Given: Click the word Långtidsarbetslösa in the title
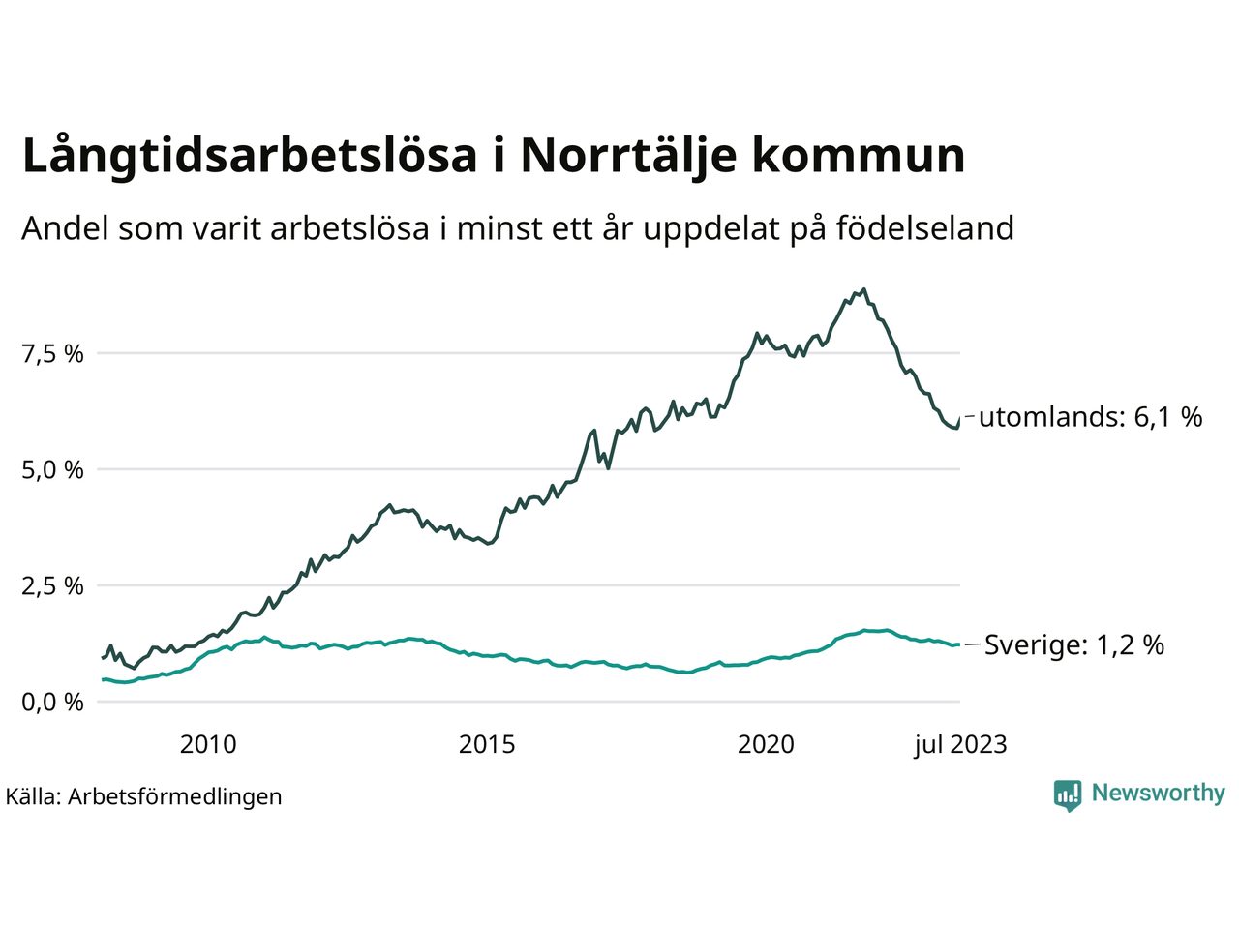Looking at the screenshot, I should point(250,157).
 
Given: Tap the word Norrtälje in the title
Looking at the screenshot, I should point(626,157).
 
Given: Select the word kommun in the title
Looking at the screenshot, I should point(859,157).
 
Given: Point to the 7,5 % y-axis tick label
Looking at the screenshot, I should point(52,354).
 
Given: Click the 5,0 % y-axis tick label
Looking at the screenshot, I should point(52,470).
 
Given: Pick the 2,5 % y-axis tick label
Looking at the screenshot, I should point(52,586).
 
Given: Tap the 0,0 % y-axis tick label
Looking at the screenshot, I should point(52,703).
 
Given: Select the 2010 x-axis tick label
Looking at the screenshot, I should point(208,744).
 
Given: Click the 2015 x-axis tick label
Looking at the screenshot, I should point(487,744).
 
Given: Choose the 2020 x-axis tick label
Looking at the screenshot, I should point(766,744).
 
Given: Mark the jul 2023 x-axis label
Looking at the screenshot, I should point(960,744).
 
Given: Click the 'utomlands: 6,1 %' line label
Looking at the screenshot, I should point(1090,417).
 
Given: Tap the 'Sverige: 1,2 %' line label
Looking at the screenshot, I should point(1073,645).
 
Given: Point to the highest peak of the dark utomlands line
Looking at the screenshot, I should point(863,289).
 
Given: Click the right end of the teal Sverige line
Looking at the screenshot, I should point(958,644).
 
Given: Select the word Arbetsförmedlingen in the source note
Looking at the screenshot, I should point(175,797).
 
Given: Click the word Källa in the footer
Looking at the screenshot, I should point(33,797).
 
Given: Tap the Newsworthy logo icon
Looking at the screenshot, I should point(1068,794).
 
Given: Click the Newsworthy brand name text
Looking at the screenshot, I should point(1158,794).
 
